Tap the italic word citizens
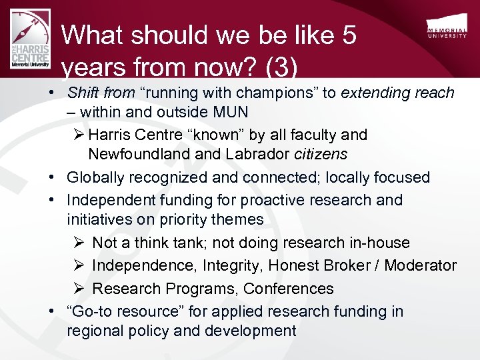coord(321,155)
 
